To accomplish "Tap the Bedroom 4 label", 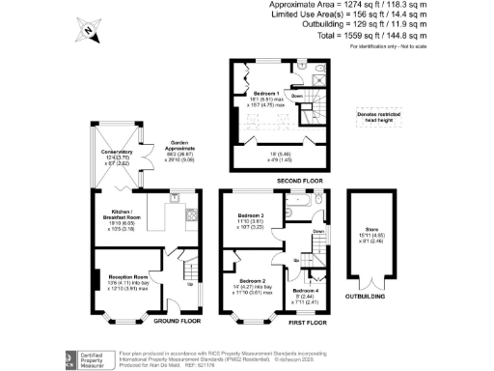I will pyautogui.click(x=305, y=291).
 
